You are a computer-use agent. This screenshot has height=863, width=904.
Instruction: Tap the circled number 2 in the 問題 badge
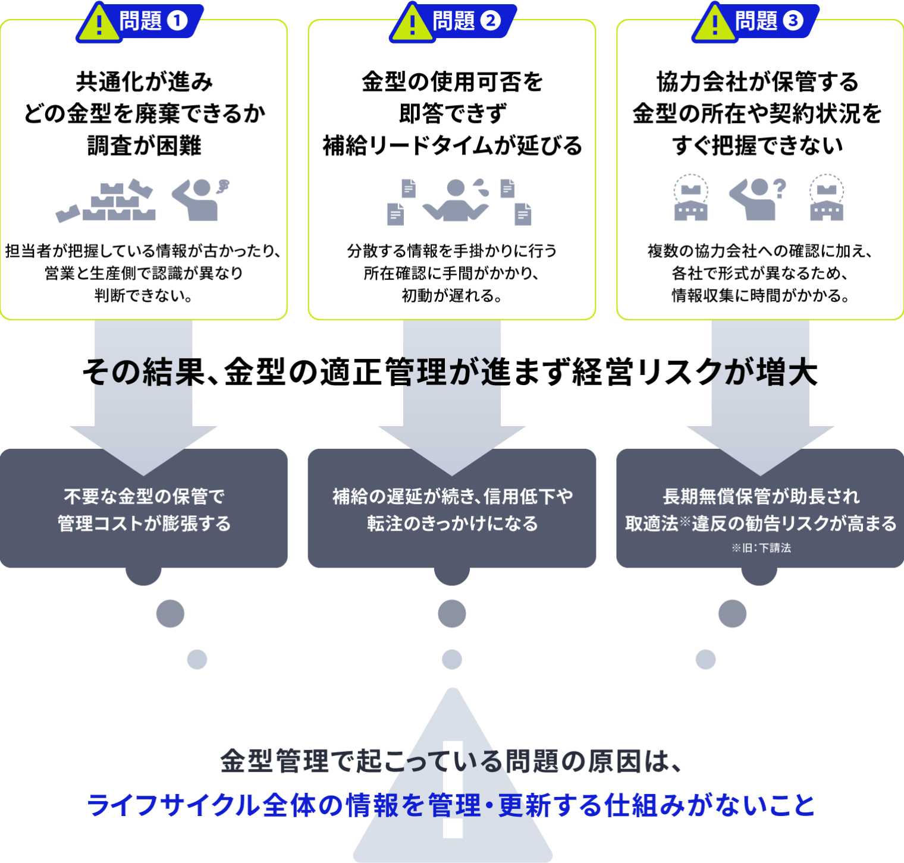(490, 21)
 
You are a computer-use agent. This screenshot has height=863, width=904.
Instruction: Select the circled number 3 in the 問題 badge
(792, 21)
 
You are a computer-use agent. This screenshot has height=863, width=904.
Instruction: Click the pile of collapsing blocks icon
(107, 201)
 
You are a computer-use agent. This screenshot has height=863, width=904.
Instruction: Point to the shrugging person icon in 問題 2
(456, 200)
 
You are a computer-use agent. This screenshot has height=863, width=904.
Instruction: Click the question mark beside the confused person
(780, 189)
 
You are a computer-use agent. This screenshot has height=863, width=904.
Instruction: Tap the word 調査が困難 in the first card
(144, 146)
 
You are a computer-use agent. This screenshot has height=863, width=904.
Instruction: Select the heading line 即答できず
(452, 114)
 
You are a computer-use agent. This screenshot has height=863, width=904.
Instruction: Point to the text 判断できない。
(144, 295)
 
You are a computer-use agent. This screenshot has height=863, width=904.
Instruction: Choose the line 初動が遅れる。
(452, 295)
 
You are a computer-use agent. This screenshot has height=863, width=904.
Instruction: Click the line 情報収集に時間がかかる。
(760, 295)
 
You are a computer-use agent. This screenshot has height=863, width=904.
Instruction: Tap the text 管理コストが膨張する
(144, 524)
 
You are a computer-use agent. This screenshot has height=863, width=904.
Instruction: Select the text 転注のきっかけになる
(452, 524)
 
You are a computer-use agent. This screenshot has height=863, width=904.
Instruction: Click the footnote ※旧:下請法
(761, 548)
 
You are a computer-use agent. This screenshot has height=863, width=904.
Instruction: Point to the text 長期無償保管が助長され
(761, 496)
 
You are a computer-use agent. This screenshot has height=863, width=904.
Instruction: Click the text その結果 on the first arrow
(143, 373)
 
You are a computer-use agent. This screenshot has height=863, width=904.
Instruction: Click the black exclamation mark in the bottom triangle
(453, 790)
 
